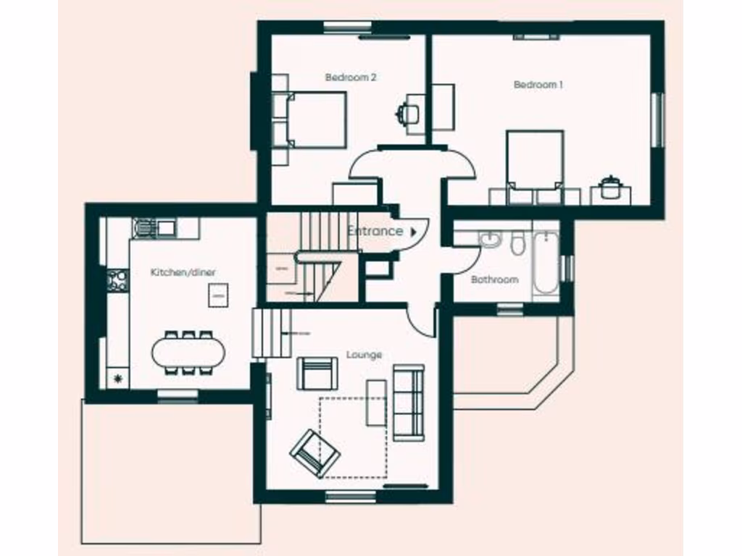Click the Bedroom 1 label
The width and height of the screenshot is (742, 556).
538,85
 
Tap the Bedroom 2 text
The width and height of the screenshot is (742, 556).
350,77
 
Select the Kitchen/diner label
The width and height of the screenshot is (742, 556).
183,272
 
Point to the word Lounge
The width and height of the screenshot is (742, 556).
364,355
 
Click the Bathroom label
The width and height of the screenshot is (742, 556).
495,279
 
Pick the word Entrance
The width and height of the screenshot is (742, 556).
375,231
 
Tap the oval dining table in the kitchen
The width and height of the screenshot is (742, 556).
188,353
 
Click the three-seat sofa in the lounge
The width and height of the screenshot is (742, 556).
408,403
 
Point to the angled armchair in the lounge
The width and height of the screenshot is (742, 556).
315,452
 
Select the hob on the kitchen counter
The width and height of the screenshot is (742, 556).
117,280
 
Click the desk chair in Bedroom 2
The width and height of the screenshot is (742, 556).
405,113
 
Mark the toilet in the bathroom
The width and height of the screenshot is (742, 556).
517,244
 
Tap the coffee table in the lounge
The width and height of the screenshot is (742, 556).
376,402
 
